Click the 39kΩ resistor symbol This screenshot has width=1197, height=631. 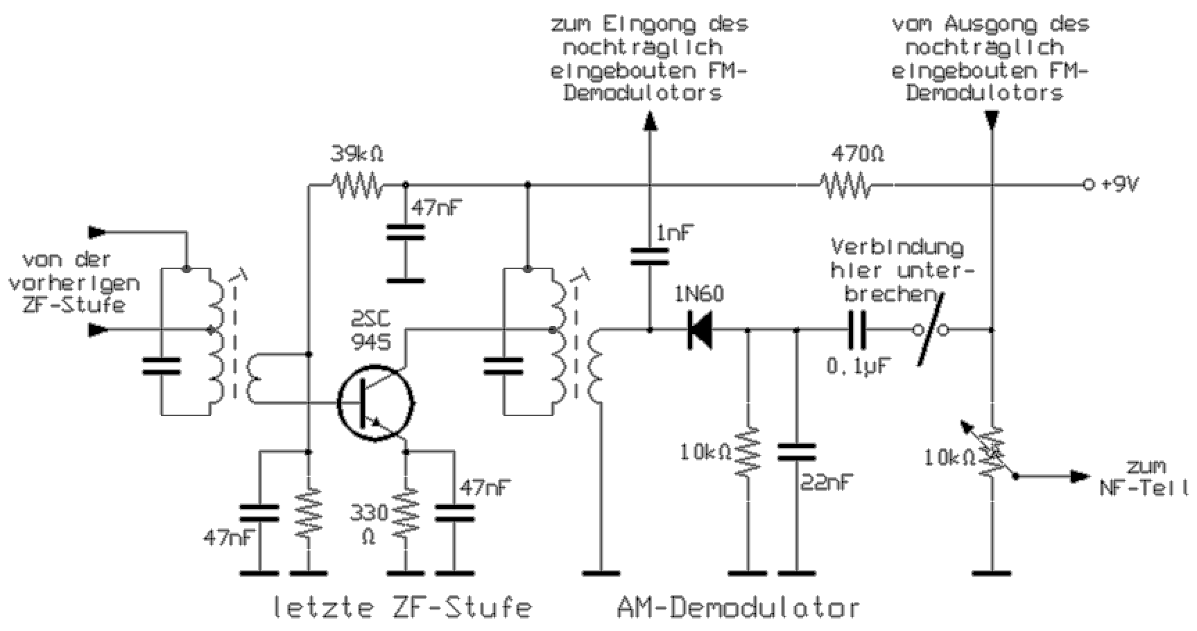point(356,185)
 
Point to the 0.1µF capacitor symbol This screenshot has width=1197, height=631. point(857,331)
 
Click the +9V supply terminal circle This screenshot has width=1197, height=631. point(1087,185)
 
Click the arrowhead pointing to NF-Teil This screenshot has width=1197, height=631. point(1079,476)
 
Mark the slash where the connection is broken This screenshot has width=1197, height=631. point(929,330)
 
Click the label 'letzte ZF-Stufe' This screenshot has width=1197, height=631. point(402,608)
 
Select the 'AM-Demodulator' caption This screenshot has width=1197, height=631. point(737,608)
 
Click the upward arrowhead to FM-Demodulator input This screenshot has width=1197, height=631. point(650,123)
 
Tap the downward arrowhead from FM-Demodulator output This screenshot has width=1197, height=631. point(992,121)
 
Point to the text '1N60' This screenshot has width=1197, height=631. point(698,295)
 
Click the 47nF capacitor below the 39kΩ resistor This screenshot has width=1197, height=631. point(405,232)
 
